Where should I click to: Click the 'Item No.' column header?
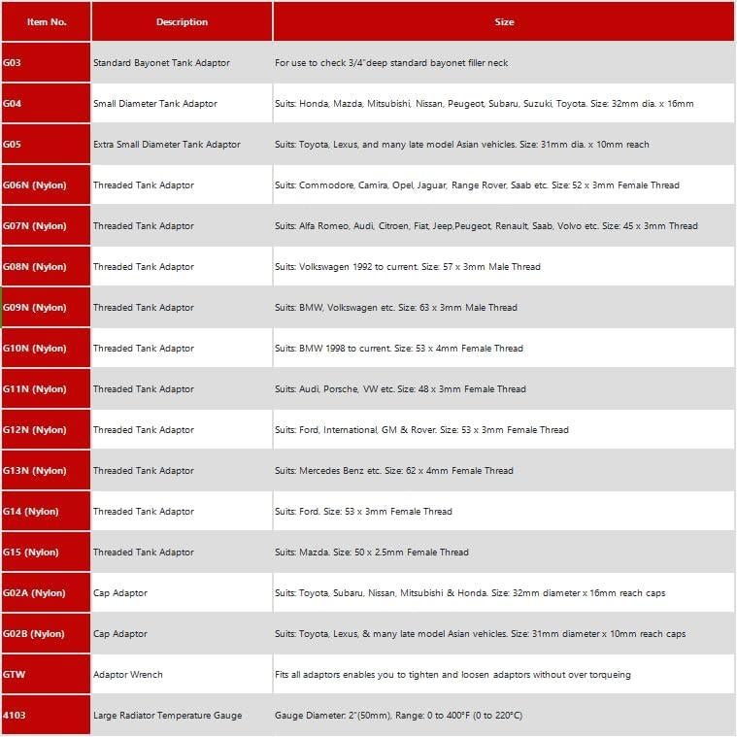tap(47, 21)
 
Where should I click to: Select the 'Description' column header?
tap(182, 21)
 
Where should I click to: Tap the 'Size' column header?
tap(503, 21)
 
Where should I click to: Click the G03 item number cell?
tap(14, 63)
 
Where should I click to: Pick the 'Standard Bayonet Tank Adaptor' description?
tap(161, 63)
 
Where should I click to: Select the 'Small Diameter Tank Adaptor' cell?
tap(155, 104)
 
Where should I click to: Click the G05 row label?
tap(14, 145)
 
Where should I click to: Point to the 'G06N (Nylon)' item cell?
tap(35, 185)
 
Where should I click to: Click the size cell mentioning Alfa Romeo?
tap(486, 226)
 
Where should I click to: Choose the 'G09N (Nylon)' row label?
tap(35, 308)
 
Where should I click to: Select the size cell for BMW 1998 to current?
tap(398, 349)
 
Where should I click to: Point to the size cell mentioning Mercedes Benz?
tap(393, 471)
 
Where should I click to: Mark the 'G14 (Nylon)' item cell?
tap(31, 512)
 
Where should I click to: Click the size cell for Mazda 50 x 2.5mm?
tap(371, 553)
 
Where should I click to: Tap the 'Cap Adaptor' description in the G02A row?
tap(120, 593)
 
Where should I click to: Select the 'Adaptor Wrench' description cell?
tap(128, 675)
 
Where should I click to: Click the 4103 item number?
tap(15, 716)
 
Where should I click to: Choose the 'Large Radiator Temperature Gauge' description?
tap(167, 716)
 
